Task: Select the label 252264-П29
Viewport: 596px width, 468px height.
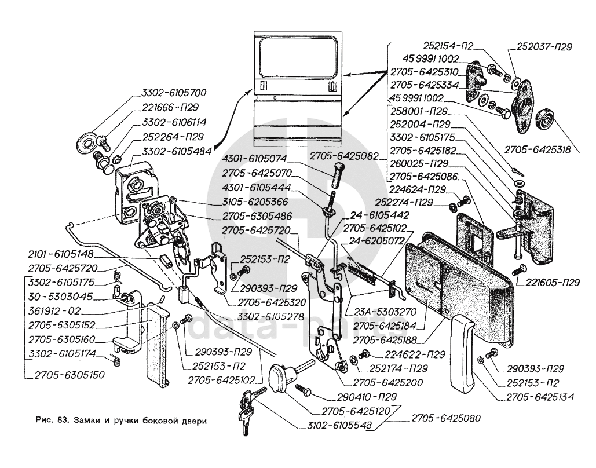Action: coord(173,137)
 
